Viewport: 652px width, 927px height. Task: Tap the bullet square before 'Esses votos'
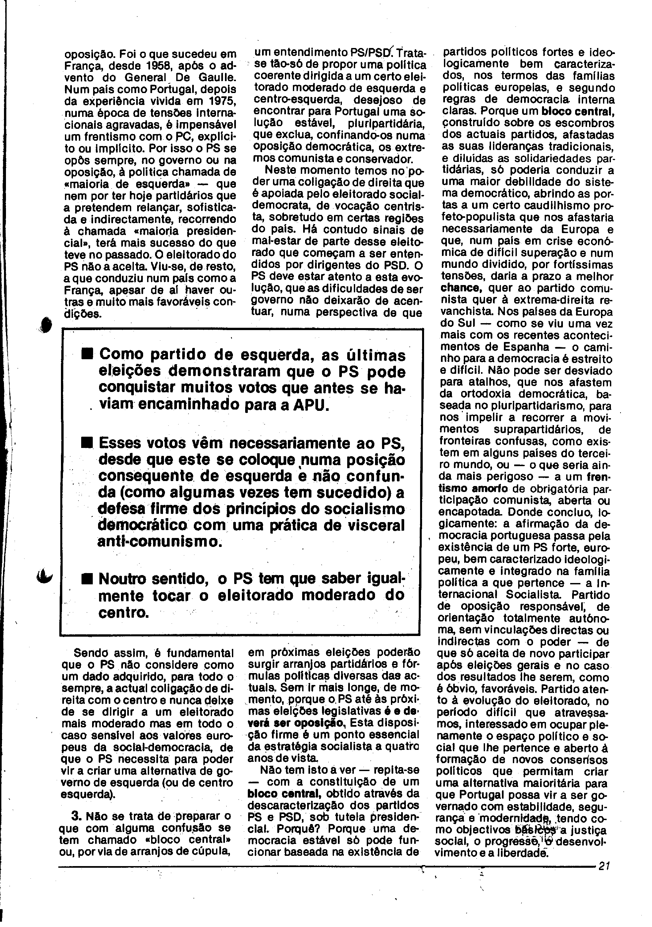click(x=86, y=443)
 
